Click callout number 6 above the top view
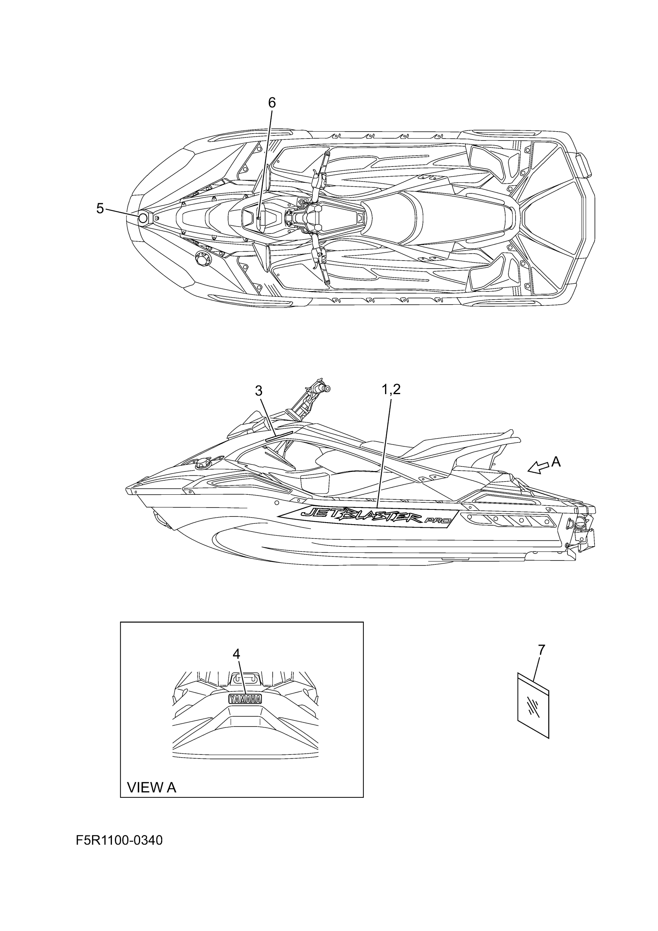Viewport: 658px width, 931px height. tap(272, 103)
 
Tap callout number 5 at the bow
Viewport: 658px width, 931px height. tap(100, 208)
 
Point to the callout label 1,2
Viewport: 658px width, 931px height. tap(391, 389)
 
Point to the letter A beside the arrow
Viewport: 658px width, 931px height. tap(556, 461)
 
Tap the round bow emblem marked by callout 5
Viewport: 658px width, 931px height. tap(143, 219)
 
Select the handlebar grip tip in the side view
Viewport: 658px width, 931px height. tap(326, 388)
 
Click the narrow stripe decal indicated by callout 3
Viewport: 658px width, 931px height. tap(279, 435)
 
